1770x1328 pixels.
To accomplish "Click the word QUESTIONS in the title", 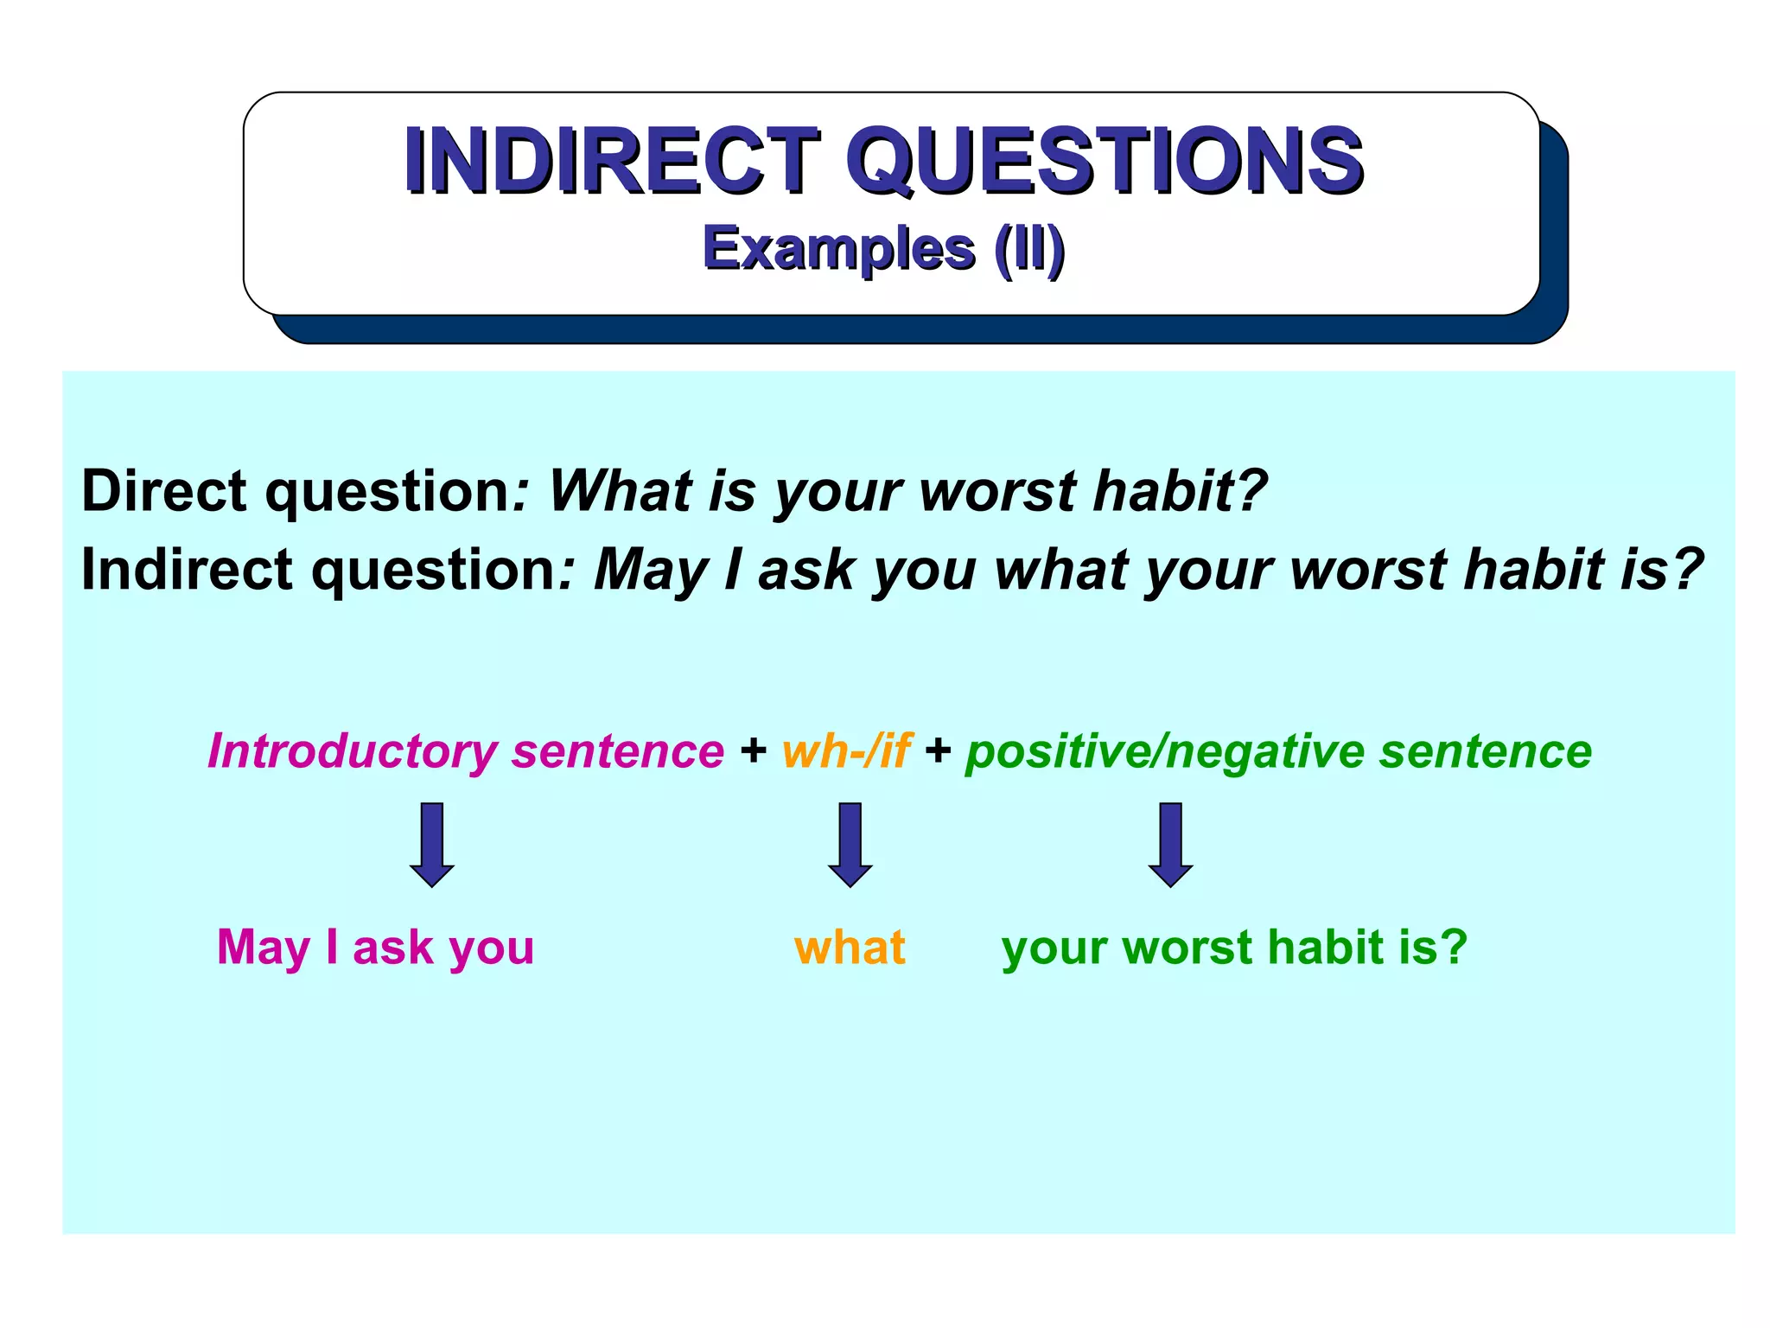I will tap(1104, 160).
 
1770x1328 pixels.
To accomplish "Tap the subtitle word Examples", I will tap(838, 248).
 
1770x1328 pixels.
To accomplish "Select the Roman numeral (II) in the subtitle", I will tap(1028, 248).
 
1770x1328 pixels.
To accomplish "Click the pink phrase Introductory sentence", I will tap(466, 750).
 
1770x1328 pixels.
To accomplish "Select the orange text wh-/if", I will tap(845, 750).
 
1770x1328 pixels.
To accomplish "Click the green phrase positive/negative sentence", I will tap(1278, 750).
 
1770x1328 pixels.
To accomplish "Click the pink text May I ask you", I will tap(375, 948).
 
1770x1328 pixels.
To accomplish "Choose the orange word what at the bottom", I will tap(850, 948).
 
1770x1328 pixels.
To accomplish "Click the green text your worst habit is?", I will tap(1234, 948).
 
